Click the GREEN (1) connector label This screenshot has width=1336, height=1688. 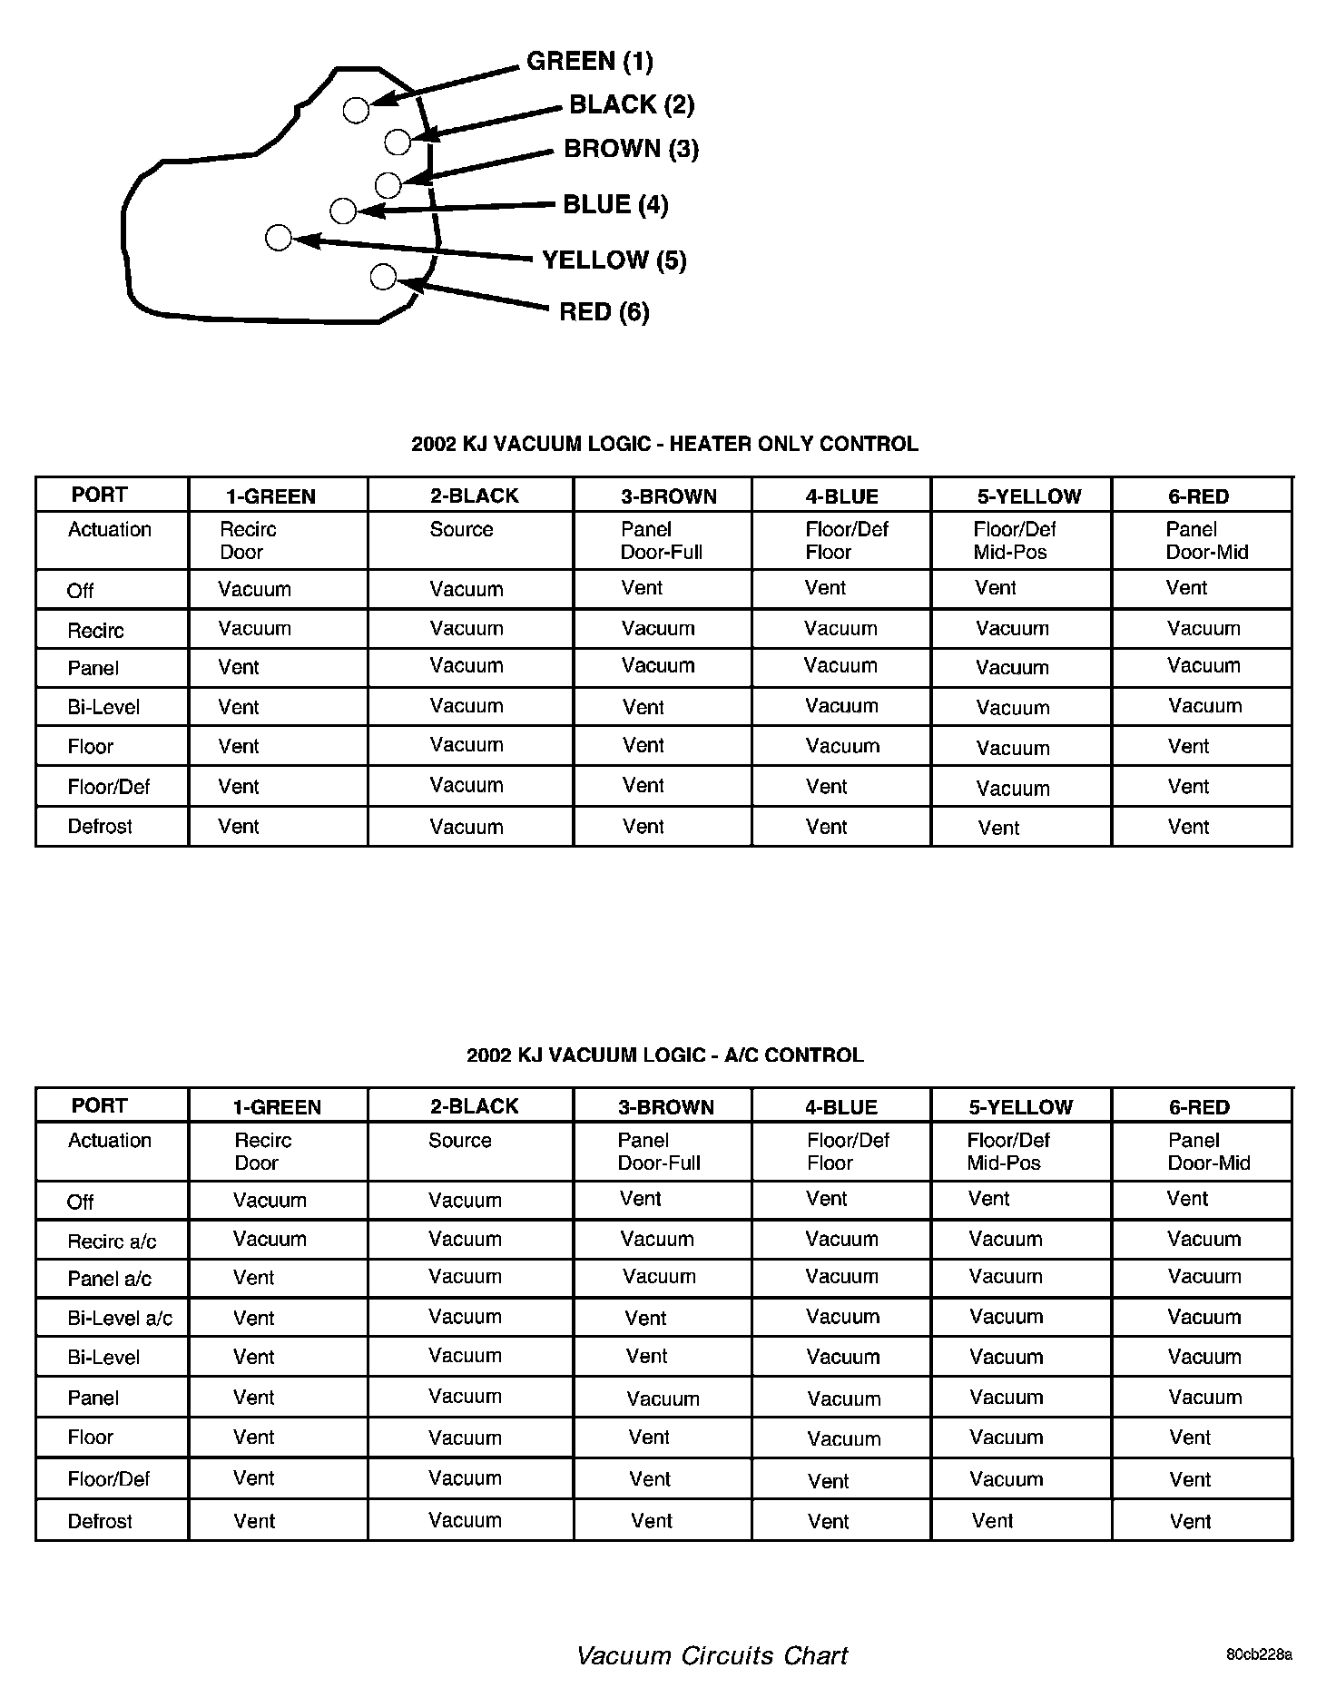tap(589, 62)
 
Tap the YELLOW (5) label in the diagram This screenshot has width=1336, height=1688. tap(614, 260)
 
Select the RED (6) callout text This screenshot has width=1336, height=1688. tap(604, 312)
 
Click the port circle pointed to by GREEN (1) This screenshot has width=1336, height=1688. tap(357, 110)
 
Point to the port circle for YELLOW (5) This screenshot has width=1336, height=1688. tap(279, 238)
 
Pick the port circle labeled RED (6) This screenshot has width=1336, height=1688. tap(383, 276)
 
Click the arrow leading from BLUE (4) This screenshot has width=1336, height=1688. tap(454, 209)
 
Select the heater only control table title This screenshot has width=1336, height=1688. tap(664, 444)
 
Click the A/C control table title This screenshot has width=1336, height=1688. tap(664, 1055)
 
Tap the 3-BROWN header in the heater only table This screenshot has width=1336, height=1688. tap(668, 496)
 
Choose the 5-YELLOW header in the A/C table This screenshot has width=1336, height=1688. tap(1020, 1107)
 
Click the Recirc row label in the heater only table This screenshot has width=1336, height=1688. tap(95, 630)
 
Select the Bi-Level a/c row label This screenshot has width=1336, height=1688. tap(120, 1318)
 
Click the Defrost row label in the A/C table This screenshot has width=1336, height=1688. tap(100, 1521)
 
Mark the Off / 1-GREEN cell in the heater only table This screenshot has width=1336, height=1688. tap(254, 590)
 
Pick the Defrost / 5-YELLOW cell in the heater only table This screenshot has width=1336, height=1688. tap(998, 828)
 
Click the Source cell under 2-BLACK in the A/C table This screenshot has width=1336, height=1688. tap(459, 1141)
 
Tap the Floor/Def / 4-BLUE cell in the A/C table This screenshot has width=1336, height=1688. tap(828, 1481)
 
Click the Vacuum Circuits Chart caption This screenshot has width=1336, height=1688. tap(712, 1655)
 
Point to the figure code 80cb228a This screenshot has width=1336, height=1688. tap(1259, 1654)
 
